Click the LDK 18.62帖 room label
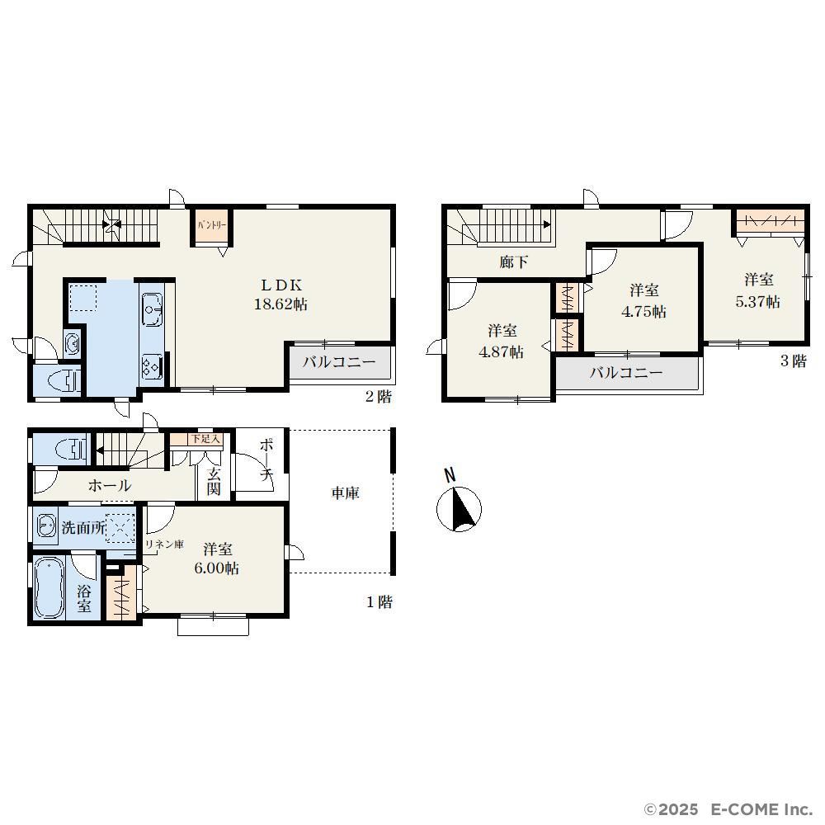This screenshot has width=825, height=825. (281, 295)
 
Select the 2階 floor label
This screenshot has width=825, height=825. (379, 397)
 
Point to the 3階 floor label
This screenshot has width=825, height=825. (793, 361)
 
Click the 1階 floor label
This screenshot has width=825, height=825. (379, 602)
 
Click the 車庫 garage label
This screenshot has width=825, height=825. (345, 493)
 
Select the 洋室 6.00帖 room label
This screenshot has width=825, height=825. (217, 559)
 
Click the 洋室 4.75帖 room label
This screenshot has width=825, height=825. (644, 301)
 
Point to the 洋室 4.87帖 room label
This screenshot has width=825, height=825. (502, 342)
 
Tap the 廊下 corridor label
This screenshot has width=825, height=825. (513, 262)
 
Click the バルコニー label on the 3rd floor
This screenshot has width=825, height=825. (625, 373)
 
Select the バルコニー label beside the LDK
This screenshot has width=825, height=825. (339, 362)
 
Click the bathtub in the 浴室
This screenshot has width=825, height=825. (49, 587)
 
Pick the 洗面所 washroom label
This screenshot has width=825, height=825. (83, 527)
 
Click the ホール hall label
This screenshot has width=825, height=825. (110, 485)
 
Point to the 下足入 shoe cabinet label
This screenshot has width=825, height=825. (205, 439)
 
